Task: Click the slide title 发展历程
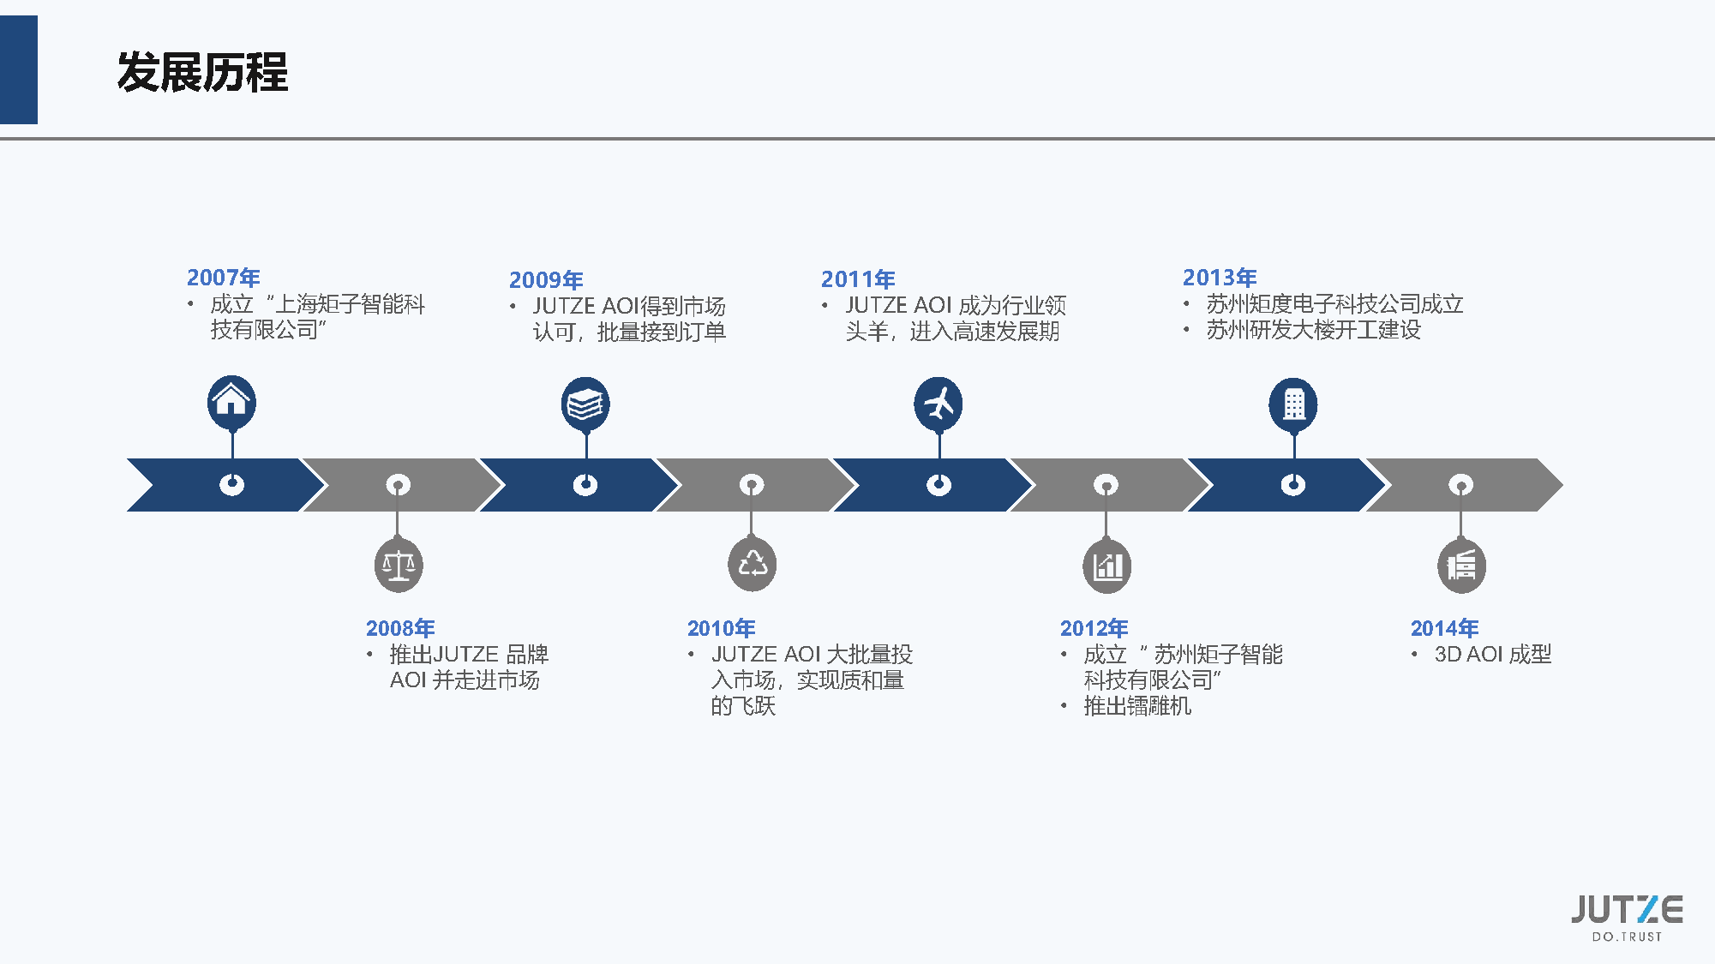point(202,72)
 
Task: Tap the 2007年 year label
point(223,278)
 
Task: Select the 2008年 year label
point(400,628)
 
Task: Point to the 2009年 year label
point(546,280)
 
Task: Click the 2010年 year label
point(721,628)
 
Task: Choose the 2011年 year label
point(858,279)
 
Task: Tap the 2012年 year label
point(1094,628)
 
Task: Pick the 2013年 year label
point(1220,278)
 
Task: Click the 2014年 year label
point(1444,628)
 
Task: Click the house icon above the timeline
point(231,401)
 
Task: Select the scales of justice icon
point(399,565)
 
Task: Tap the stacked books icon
point(585,404)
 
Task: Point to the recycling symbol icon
point(752,564)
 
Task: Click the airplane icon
point(938,403)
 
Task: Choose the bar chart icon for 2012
point(1106,566)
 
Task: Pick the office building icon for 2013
point(1293,404)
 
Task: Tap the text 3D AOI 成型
point(1492,655)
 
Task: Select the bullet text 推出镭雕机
point(1137,706)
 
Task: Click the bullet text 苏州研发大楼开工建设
point(1313,330)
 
